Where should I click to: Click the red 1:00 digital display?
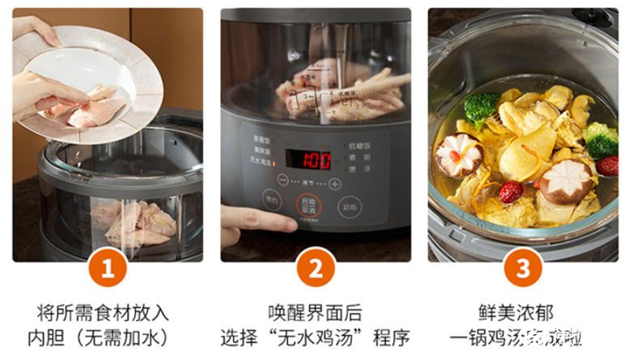point(315,159)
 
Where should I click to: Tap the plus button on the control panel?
point(335,184)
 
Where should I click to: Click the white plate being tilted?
point(89,73)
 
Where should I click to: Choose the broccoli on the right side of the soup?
point(601,140)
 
